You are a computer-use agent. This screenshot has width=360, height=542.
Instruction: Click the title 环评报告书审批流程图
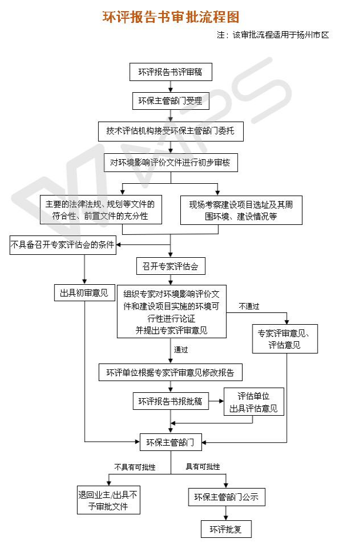click(171, 17)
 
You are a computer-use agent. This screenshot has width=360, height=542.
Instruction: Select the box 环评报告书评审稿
click(170, 72)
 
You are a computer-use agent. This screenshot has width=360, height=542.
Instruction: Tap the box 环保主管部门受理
click(170, 101)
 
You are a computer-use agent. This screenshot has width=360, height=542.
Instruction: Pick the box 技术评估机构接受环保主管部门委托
click(170, 131)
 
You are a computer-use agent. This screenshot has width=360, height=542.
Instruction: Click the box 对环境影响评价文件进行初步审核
click(170, 161)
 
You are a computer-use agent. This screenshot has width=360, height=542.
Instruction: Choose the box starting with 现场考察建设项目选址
click(241, 210)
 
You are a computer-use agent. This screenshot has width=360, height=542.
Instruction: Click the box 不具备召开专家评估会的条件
click(63, 245)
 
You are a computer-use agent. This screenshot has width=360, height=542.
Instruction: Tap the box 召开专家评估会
click(170, 266)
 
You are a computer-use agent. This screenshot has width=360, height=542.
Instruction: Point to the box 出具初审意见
click(85, 293)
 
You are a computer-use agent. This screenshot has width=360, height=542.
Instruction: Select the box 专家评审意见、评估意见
click(285, 339)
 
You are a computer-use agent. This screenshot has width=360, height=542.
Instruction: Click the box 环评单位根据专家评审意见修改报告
click(170, 372)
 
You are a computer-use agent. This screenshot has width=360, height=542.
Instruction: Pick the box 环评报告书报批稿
click(170, 402)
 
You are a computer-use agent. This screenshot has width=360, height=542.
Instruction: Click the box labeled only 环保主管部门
click(170, 442)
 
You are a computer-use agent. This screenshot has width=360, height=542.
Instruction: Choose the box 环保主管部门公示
click(226, 498)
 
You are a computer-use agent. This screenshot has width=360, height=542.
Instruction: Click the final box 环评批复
click(226, 529)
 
